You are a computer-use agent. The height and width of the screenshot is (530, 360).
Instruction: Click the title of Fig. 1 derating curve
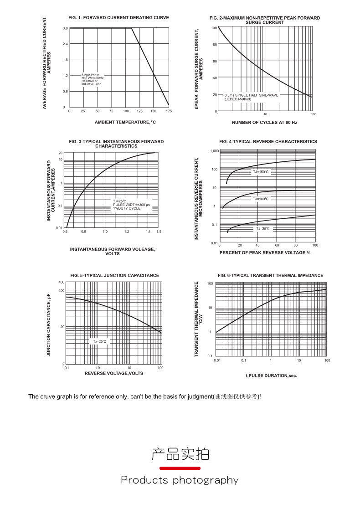coord(118,18)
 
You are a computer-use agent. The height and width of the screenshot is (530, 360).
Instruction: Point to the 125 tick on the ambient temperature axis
coord(139,111)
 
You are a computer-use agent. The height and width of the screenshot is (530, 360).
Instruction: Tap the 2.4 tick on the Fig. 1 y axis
coord(65,44)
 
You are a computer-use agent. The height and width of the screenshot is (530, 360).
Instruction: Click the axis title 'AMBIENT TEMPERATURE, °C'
coord(125,122)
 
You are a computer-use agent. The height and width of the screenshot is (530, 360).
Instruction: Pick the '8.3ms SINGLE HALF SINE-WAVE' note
coord(251,95)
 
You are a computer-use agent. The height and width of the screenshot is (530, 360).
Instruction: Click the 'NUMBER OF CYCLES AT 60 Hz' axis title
coord(264,123)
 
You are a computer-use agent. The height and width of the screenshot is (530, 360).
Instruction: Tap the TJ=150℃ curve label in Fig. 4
coord(262,172)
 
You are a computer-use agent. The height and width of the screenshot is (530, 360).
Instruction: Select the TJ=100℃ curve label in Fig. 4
coord(261,199)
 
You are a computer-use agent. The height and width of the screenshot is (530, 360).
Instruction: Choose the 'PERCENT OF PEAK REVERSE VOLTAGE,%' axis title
coord(265,253)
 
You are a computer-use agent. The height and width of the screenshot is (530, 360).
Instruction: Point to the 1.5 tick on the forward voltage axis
coord(159,232)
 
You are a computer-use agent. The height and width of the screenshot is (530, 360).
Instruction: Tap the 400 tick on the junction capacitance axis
coord(61,283)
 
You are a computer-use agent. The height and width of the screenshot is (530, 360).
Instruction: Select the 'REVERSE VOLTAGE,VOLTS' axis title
coord(113,373)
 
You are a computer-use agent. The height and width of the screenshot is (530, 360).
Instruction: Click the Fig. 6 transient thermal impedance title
coord(270,275)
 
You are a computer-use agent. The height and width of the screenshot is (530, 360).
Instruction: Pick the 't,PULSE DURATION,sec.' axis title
coord(271,376)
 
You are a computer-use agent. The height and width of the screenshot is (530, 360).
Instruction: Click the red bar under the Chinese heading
coord(180,468)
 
